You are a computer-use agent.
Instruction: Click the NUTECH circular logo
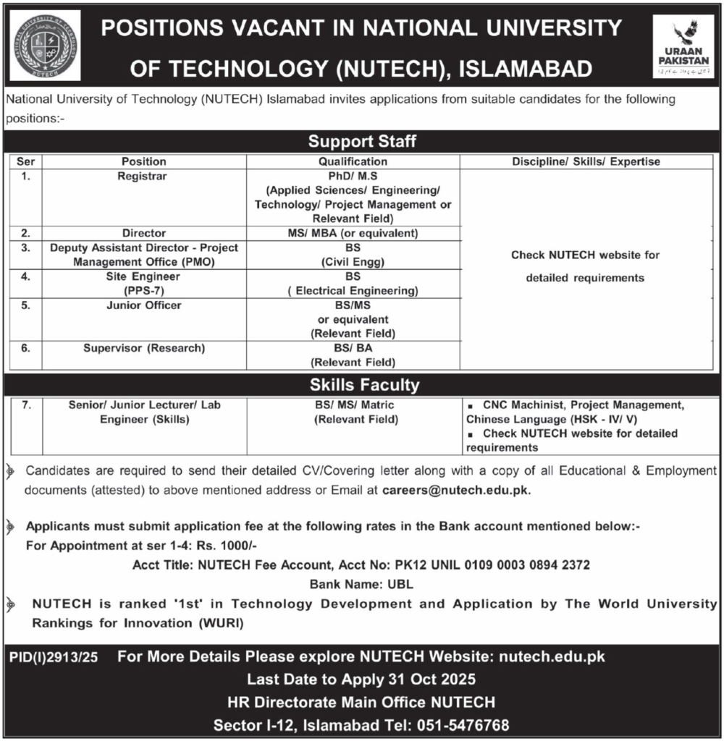pos(46,45)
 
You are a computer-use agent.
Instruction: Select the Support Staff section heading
pos(362,140)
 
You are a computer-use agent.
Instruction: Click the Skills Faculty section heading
pos(362,385)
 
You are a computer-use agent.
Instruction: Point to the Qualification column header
pos(353,162)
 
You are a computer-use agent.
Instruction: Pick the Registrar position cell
pos(143,176)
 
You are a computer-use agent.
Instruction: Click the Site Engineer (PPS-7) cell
pos(143,284)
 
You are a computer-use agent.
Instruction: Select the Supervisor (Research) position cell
pos(143,349)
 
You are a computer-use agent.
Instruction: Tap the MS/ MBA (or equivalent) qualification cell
pos(353,233)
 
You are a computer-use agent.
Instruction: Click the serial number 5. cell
pos(25,306)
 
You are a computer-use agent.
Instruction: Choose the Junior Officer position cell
pos(143,306)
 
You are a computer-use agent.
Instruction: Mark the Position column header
pos(143,162)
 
